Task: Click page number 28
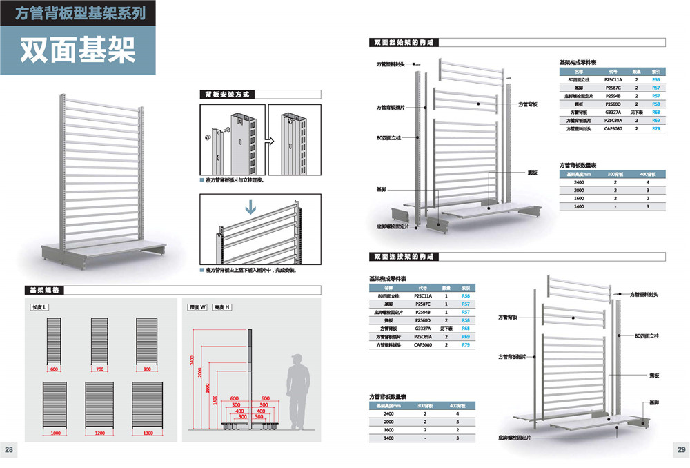click(10, 450)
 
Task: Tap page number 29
click(680, 450)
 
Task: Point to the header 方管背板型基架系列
click(77, 13)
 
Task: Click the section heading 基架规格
click(44, 290)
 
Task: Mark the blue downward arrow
click(250, 206)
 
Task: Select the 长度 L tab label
click(39, 306)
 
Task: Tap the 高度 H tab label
click(222, 306)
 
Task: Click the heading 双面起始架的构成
click(404, 42)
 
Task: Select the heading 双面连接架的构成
click(404, 257)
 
